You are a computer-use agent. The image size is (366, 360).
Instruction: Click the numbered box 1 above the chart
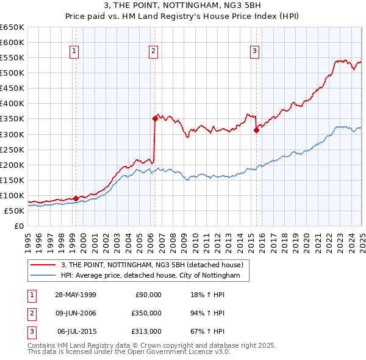pyautogui.click(x=74, y=51)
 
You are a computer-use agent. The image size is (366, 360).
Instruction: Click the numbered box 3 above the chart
pyautogui.click(x=254, y=51)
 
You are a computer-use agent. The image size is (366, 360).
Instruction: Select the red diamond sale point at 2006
pyautogui.click(x=155, y=119)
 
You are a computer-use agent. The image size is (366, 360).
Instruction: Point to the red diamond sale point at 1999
pyautogui.click(x=76, y=198)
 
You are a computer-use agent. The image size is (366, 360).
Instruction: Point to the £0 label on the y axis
pyautogui.click(x=18, y=226)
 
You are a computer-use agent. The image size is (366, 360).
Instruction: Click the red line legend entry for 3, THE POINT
pyautogui.click(x=152, y=265)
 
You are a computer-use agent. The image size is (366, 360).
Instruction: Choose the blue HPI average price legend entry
pyautogui.click(x=154, y=276)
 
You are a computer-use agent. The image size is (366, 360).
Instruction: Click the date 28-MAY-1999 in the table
pyautogui.click(x=75, y=295)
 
